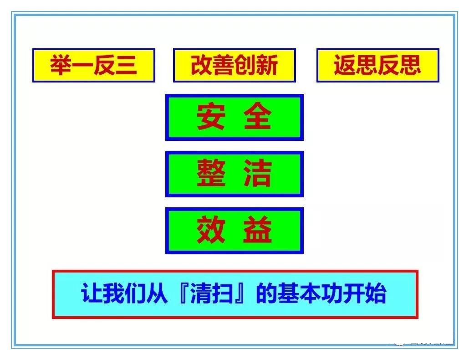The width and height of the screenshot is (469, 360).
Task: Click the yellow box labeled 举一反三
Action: tap(93, 65)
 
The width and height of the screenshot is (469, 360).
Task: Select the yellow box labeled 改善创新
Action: tap(234, 65)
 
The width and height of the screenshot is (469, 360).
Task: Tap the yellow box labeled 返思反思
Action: tap(377, 65)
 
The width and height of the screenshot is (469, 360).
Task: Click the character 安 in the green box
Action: tap(211, 117)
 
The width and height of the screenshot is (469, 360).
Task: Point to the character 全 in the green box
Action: tap(257, 117)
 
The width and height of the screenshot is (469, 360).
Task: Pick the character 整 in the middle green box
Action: tap(211, 174)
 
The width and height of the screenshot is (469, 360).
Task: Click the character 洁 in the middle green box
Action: tap(257, 174)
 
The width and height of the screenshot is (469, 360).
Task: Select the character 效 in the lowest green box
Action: tap(211, 231)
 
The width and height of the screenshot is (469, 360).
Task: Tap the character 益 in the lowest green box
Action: tap(257, 231)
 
